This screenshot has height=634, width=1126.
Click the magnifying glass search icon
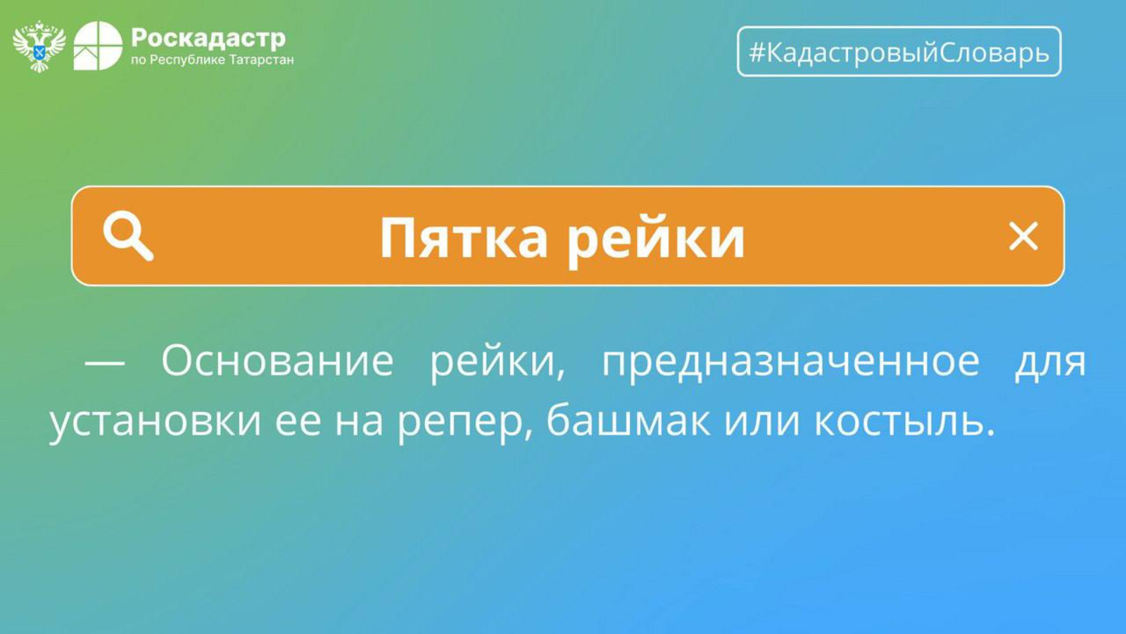click(128, 235)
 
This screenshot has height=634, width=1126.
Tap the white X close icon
click(1023, 236)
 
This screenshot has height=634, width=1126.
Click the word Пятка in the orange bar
click(463, 237)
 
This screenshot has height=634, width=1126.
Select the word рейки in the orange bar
click(655, 240)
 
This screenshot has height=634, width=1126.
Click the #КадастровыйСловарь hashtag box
click(899, 51)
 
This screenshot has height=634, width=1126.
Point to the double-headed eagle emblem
click(39, 46)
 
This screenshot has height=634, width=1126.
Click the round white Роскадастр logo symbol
click(98, 46)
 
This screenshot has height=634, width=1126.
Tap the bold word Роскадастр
click(208, 38)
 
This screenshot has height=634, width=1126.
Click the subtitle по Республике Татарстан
click(212, 61)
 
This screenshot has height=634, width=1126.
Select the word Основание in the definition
click(277, 360)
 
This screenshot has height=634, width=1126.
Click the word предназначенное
click(791, 363)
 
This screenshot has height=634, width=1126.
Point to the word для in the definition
click(1050, 363)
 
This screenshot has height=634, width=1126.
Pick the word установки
click(156, 422)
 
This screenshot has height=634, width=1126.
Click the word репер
click(460, 423)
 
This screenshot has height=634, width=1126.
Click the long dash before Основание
click(105, 363)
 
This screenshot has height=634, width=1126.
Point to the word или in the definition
click(762, 422)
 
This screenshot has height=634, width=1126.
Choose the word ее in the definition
click(298, 422)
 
